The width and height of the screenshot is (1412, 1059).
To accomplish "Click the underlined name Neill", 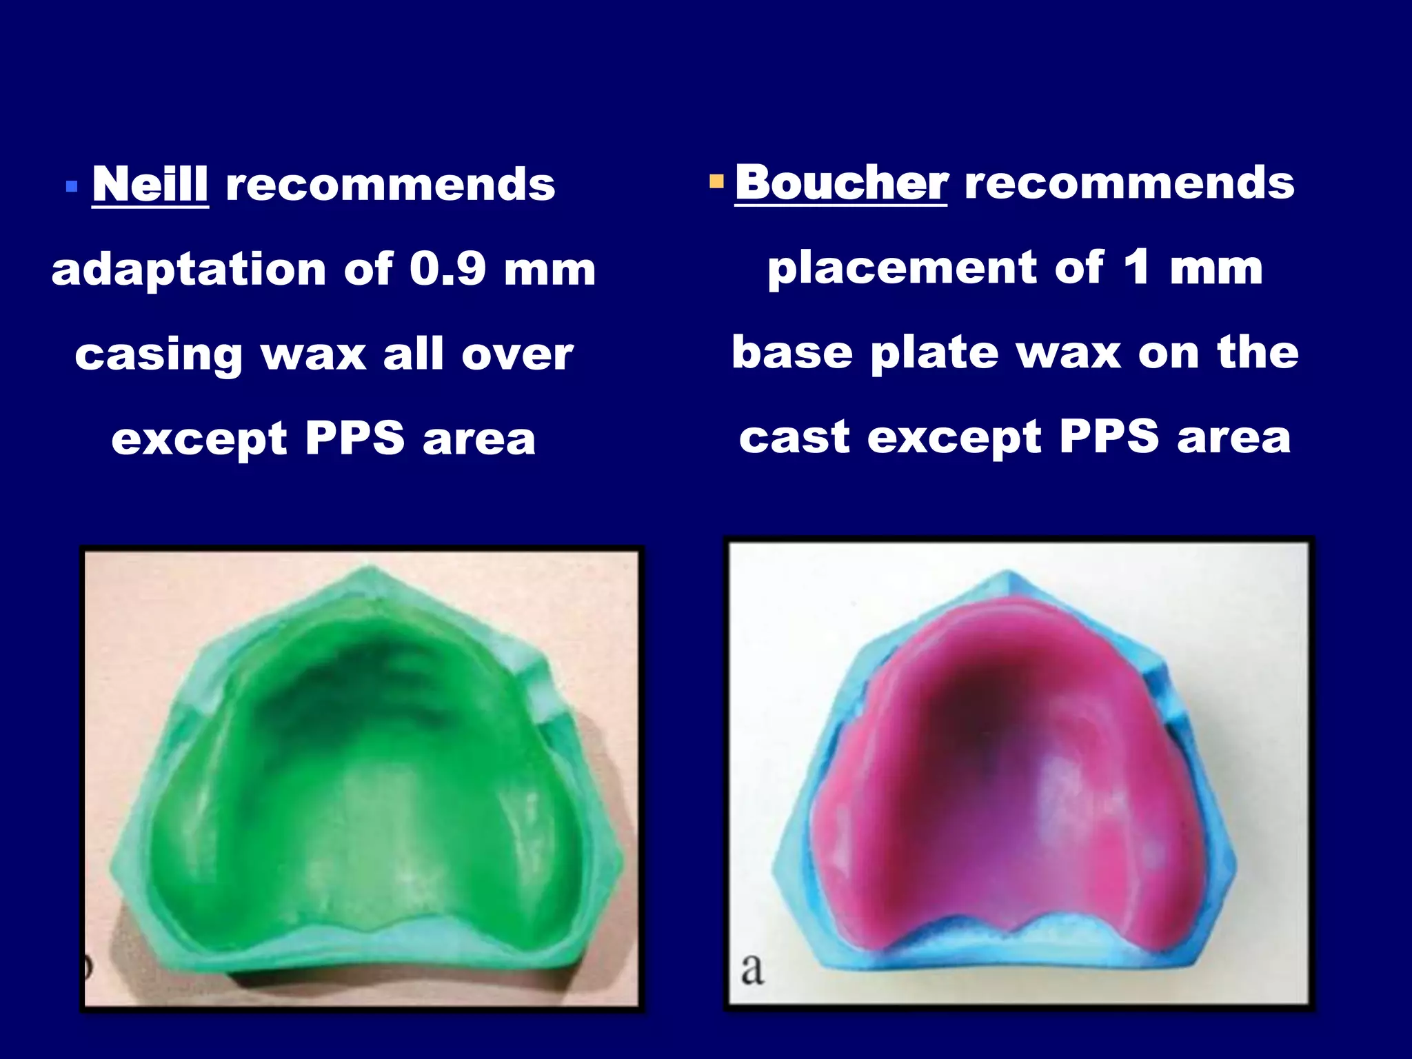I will (150, 184).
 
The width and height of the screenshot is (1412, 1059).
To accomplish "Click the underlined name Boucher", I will (840, 183).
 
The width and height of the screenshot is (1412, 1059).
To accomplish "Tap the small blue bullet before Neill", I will (71, 186).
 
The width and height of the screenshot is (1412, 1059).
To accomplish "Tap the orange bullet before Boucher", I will (716, 182).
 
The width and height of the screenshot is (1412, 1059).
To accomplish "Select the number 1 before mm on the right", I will (1136, 267).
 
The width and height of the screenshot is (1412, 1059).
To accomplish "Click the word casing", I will (159, 355).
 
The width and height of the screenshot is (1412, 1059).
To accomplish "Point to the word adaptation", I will (188, 270).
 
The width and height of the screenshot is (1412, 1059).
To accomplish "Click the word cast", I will (794, 438).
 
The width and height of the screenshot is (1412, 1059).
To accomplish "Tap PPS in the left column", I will (354, 438).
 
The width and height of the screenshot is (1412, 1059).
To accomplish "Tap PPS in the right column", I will (1109, 436).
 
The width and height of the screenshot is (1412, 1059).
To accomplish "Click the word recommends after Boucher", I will (1129, 183).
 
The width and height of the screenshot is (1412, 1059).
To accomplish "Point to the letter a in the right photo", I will (752, 969).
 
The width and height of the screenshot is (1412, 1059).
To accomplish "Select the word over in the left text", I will (517, 355).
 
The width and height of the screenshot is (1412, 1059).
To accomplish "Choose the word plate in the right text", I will (934, 353).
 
